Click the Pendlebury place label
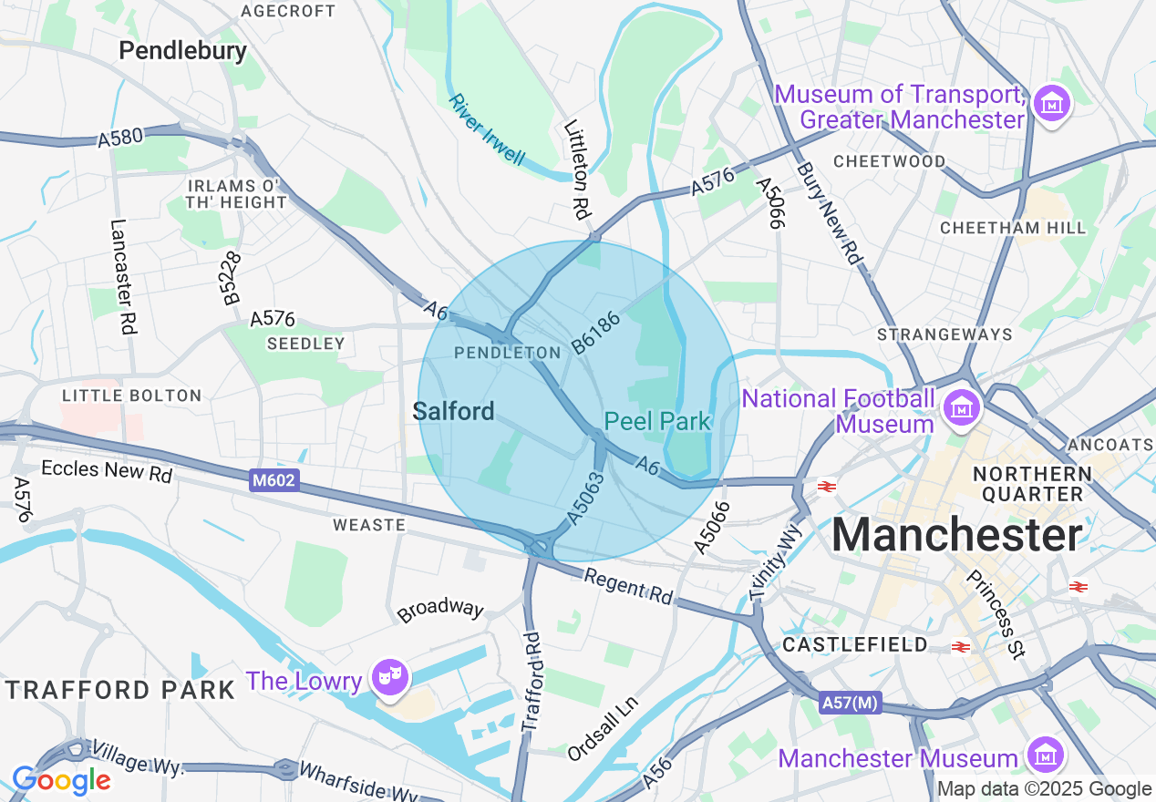pos(182,50)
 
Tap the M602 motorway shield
pos(274,479)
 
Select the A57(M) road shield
pos(849,703)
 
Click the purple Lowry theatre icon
pos(390,678)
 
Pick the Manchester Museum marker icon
pos(1045,755)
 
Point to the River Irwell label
pos(487,129)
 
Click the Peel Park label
pos(656,421)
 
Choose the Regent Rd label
pos(628,587)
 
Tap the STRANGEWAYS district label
pos(944,334)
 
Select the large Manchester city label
pos(956,534)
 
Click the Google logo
pos(61,780)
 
